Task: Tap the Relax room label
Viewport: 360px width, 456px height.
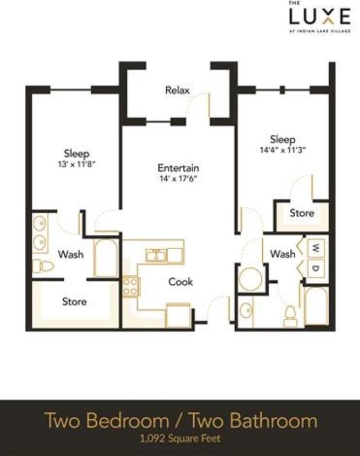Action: [177, 90]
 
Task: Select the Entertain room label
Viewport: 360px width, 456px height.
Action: [178, 168]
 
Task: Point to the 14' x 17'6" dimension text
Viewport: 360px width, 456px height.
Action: [178, 179]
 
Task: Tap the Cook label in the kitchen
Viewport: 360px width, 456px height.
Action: [181, 282]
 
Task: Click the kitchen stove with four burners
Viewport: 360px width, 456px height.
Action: [130, 286]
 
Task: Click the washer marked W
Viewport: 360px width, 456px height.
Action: [316, 248]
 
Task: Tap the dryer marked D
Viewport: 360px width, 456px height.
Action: [316, 268]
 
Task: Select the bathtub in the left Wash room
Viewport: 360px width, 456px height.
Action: [106, 258]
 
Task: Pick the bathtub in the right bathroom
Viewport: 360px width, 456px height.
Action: [316, 305]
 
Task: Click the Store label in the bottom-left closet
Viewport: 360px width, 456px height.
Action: [74, 301]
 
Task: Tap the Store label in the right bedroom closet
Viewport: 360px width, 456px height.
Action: [302, 213]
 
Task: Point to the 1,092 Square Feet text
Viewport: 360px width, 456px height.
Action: [180, 439]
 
